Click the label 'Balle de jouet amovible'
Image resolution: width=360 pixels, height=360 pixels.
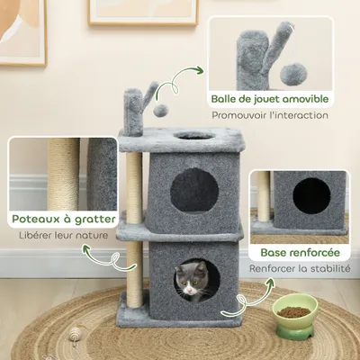pos(270,98)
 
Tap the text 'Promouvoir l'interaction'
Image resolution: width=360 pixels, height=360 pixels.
pos(270,115)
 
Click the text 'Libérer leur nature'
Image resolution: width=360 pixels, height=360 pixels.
pos(63,236)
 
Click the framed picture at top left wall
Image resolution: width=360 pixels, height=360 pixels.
pos(22,27)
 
